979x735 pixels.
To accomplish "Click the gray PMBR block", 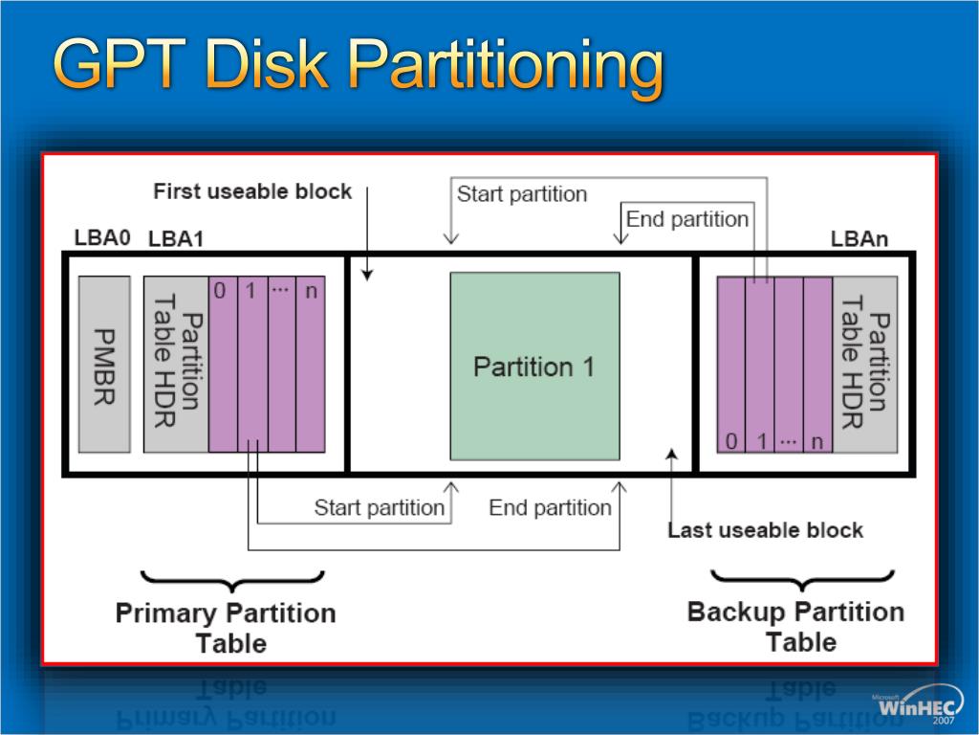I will pyautogui.click(x=104, y=365).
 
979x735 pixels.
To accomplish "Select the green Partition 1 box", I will pyautogui.click(x=534, y=366).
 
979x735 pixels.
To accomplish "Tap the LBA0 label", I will pyautogui.click(x=102, y=237).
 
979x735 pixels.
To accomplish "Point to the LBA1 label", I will pyautogui.click(x=176, y=239).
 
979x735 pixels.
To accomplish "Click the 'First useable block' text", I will pyautogui.click(x=252, y=191).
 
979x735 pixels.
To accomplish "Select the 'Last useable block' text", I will pyautogui.click(x=765, y=530).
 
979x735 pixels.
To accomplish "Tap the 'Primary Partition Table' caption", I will pyautogui.click(x=226, y=627).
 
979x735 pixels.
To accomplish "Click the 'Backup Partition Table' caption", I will pyautogui.click(x=795, y=626).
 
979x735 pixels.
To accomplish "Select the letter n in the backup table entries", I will pyautogui.click(x=816, y=441).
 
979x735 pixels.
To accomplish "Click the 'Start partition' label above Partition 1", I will pyautogui.click(x=521, y=194).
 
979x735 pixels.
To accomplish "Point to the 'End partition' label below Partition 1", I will pyautogui.click(x=550, y=507).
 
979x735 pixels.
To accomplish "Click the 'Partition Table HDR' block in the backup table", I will pyautogui.click(x=864, y=365).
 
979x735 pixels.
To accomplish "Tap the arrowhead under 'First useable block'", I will pyautogui.click(x=367, y=276).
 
